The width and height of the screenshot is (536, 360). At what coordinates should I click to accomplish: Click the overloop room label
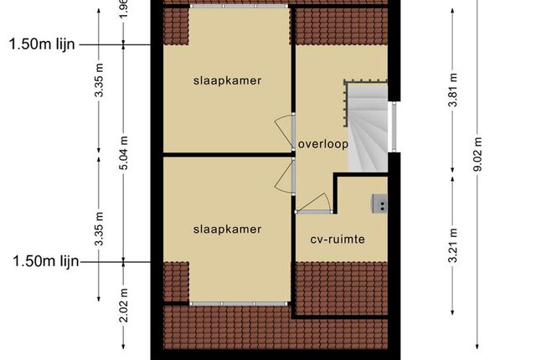pos(323,144)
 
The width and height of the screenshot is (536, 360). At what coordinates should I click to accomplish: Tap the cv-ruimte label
pos(338,239)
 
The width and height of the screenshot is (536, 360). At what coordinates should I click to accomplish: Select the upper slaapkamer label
pos(227,80)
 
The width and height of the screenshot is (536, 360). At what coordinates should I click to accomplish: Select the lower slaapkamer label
pos(227,229)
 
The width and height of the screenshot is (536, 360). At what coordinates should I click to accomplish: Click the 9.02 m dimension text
pos(477,154)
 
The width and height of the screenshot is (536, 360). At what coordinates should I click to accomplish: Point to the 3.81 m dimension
pos(452,90)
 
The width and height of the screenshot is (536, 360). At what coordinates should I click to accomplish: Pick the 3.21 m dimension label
pos(452,245)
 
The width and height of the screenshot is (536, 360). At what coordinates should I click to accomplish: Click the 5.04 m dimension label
pos(124,152)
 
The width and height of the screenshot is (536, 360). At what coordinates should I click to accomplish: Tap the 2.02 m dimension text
pos(124,305)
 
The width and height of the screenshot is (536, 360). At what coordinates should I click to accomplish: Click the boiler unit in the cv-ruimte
pos(379,203)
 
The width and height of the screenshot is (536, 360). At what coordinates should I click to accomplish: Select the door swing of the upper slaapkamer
pos(284,131)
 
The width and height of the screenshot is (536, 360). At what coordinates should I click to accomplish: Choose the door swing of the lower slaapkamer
pos(284,176)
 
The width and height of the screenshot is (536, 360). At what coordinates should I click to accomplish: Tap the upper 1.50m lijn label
pos(42,44)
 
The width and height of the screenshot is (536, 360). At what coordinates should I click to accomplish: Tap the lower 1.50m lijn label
pos(45,261)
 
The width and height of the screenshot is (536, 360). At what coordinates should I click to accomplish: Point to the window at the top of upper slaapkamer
pos(239,6)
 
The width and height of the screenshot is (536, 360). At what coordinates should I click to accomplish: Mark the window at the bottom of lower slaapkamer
pos(239,304)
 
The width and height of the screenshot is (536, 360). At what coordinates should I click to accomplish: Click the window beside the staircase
pos(394,126)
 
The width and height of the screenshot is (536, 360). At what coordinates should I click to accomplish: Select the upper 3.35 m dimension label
pos(99,80)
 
